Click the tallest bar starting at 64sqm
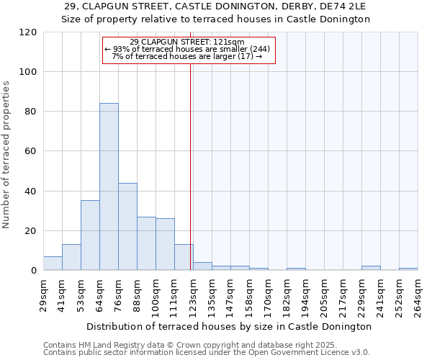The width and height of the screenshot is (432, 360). click(109, 187)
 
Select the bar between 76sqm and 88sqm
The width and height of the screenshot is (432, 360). click(127, 227)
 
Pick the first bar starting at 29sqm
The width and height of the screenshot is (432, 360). click(53, 264)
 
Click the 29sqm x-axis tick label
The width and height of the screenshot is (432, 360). click(43, 294)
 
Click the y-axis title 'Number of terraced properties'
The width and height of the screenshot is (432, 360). click(7, 155)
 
